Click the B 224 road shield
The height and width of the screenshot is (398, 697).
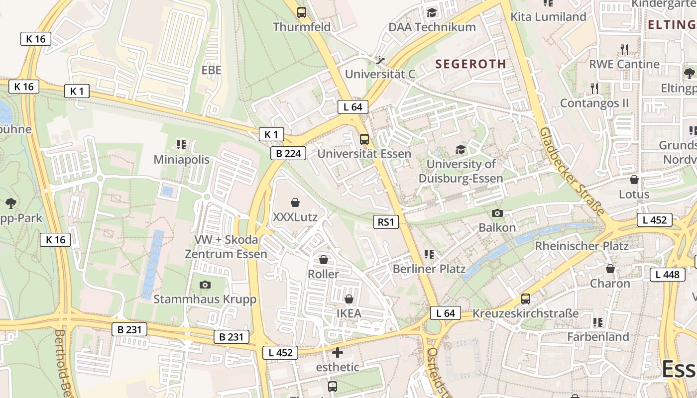tap(288, 153)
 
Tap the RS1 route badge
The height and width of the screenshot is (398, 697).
tap(386, 222)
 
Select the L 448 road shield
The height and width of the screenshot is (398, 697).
tap(667, 274)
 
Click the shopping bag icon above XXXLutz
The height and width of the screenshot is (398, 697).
tap(295, 202)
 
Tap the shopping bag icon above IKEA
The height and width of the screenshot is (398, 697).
tap(349, 299)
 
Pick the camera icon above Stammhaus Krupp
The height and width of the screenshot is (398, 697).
tap(205, 285)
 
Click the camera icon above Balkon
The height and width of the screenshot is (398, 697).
tap(497, 213)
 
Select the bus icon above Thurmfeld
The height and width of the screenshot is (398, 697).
tap(302, 12)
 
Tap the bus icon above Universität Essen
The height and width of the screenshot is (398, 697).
tap(364, 139)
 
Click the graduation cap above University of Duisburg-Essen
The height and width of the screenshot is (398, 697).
tap(461, 149)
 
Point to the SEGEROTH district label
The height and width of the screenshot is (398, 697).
tap(470, 64)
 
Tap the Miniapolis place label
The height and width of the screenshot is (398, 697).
tap(181, 160)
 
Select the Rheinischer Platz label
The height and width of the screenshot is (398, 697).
tap(581, 246)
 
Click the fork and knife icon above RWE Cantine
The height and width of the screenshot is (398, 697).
tap(624, 49)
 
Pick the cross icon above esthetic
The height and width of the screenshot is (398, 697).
tap(338, 353)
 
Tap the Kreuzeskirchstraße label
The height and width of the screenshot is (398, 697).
tap(525, 313)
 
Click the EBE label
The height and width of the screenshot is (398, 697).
tap(211, 70)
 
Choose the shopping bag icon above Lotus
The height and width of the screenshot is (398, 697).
tap(634, 180)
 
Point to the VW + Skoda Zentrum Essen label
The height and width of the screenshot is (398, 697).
tap(226, 247)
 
